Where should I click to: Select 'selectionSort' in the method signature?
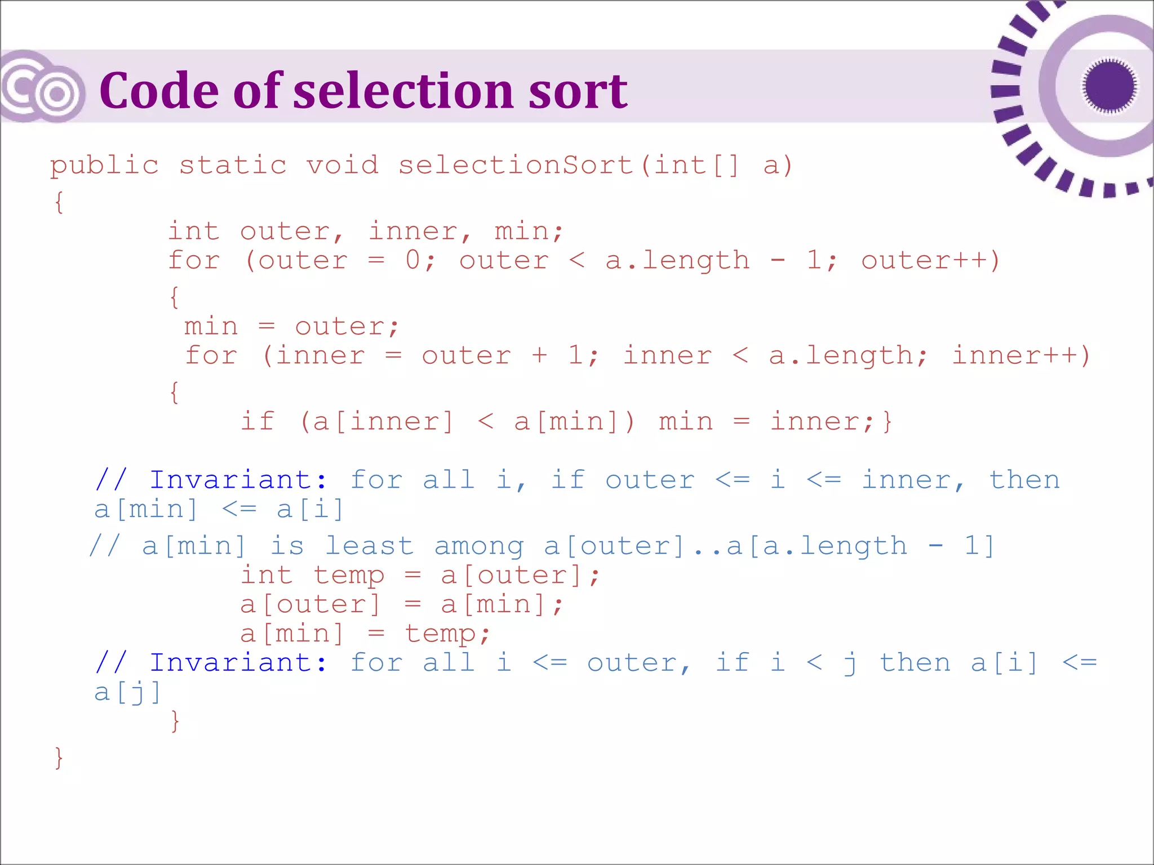(x=516, y=165)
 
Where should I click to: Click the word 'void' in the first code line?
(x=342, y=165)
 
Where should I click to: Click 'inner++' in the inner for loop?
(x=1020, y=355)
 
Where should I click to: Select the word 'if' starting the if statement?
(x=258, y=421)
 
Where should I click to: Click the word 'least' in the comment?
(x=370, y=546)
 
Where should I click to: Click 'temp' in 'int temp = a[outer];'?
(x=349, y=576)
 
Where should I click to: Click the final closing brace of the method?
(x=59, y=757)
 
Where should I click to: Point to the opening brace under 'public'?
(x=59, y=202)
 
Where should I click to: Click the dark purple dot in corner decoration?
(x=1109, y=86)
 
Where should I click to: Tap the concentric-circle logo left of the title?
(x=43, y=87)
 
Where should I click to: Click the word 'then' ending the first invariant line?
(x=1024, y=480)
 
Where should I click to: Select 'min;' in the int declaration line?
(x=529, y=231)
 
